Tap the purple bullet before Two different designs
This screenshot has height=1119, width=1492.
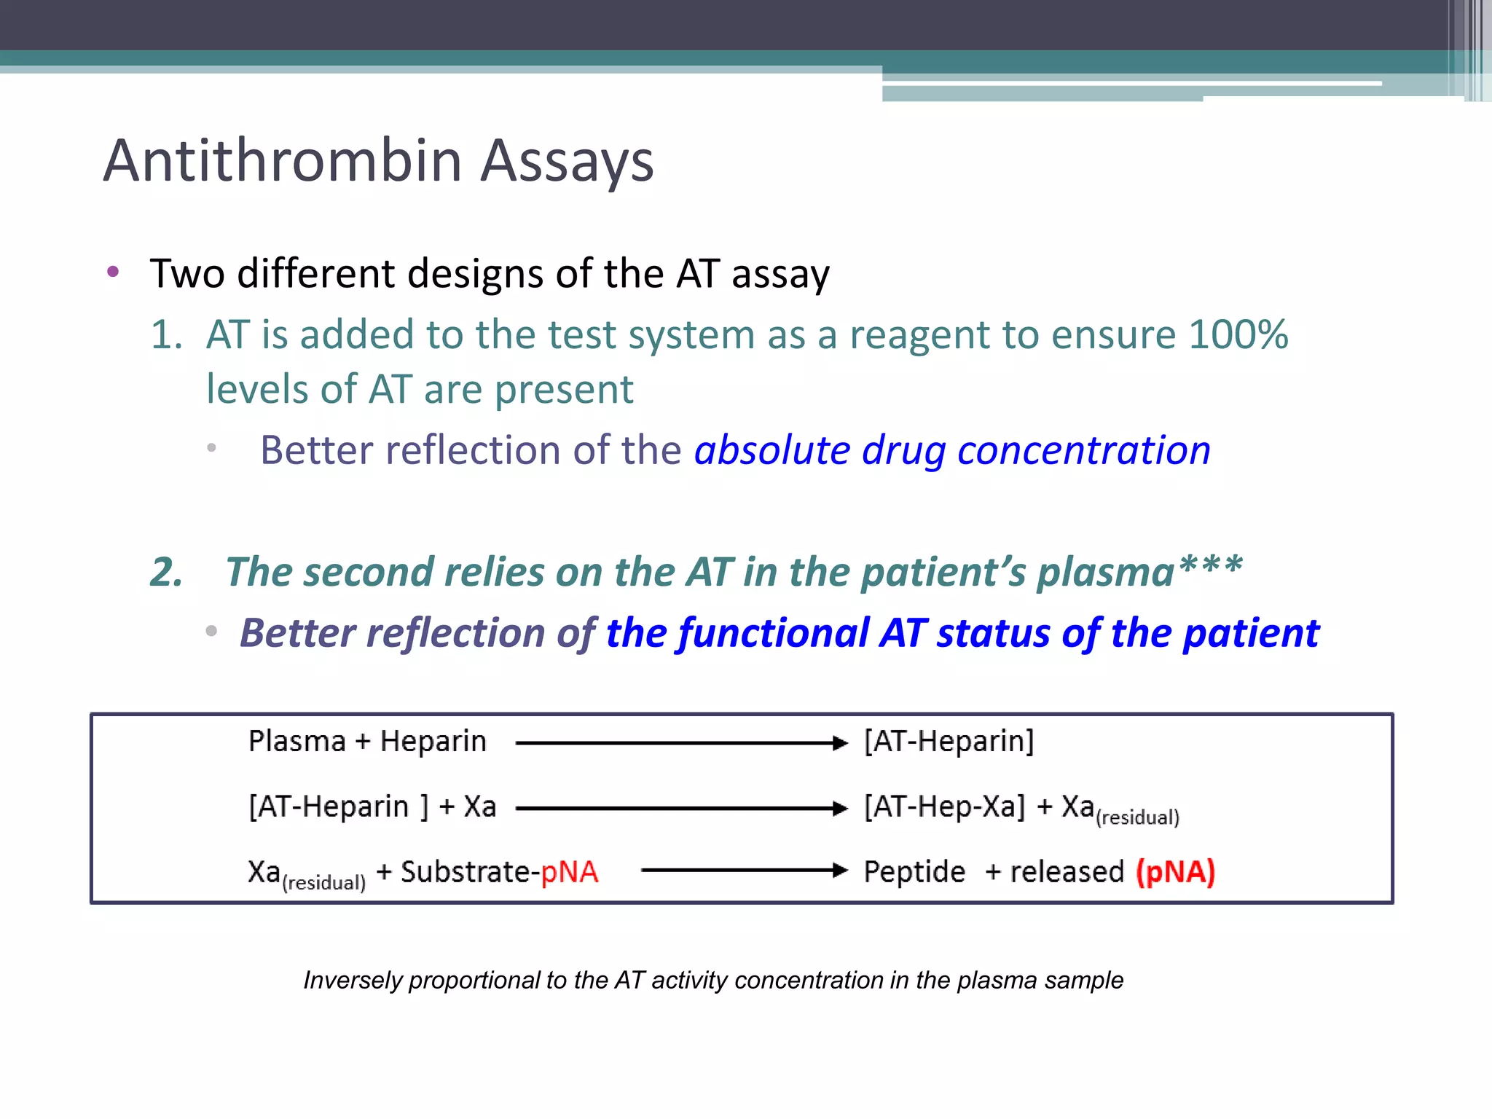[113, 272]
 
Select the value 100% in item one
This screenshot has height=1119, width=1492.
[1238, 335]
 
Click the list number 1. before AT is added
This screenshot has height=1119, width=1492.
[166, 335]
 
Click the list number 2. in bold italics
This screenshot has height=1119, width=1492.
[167, 572]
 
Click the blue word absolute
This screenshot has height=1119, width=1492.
[771, 450]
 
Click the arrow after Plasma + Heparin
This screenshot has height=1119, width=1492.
[681, 743]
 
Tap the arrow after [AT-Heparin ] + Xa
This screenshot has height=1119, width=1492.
[681, 808]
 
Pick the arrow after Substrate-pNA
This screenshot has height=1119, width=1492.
[743, 871]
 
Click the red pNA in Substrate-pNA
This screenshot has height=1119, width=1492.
[569, 872]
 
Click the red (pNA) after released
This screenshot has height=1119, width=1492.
[1175, 872]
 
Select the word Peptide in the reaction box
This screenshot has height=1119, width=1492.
[914, 872]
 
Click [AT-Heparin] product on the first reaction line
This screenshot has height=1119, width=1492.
[949, 742]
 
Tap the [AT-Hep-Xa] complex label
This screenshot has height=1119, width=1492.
[944, 807]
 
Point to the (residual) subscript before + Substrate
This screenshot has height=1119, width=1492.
[323, 883]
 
